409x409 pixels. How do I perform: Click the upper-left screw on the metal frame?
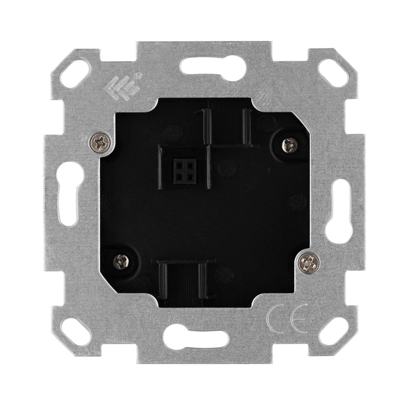(99, 143)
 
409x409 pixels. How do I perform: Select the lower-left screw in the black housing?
(122, 262)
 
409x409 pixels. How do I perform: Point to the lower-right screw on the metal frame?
(309, 262)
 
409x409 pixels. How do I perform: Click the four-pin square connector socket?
(185, 170)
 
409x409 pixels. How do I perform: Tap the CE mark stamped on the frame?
(287, 319)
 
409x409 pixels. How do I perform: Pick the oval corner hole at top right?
(333, 73)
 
